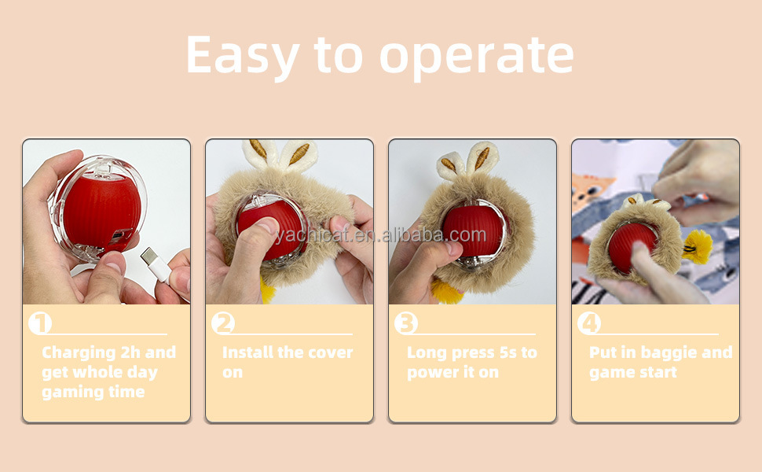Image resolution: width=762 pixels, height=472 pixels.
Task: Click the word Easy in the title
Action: point(242,55)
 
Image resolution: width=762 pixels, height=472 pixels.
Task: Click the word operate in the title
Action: point(477,57)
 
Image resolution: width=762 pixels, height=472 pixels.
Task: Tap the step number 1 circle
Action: point(39,323)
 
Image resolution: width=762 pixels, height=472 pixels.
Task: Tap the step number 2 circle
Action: point(223,323)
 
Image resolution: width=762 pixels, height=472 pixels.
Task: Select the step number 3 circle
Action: point(405,323)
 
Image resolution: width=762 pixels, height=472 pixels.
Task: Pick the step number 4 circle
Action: point(589,323)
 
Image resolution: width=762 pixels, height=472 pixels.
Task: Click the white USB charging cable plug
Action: point(156,264)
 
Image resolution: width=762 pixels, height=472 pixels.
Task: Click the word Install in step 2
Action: point(247,352)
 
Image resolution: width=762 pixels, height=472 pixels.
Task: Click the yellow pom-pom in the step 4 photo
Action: point(697,246)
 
